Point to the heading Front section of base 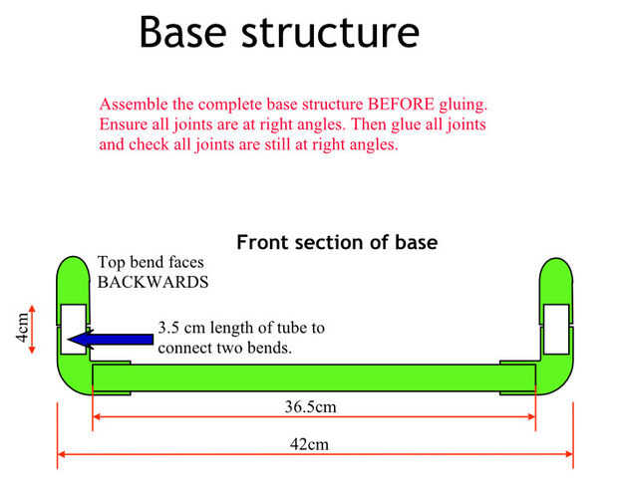pos(337,242)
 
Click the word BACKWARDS pos(153,282)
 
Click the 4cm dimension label pos(21,328)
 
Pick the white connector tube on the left pos(74,330)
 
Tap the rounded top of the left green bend pos(74,270)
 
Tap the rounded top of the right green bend pos(555,270)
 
